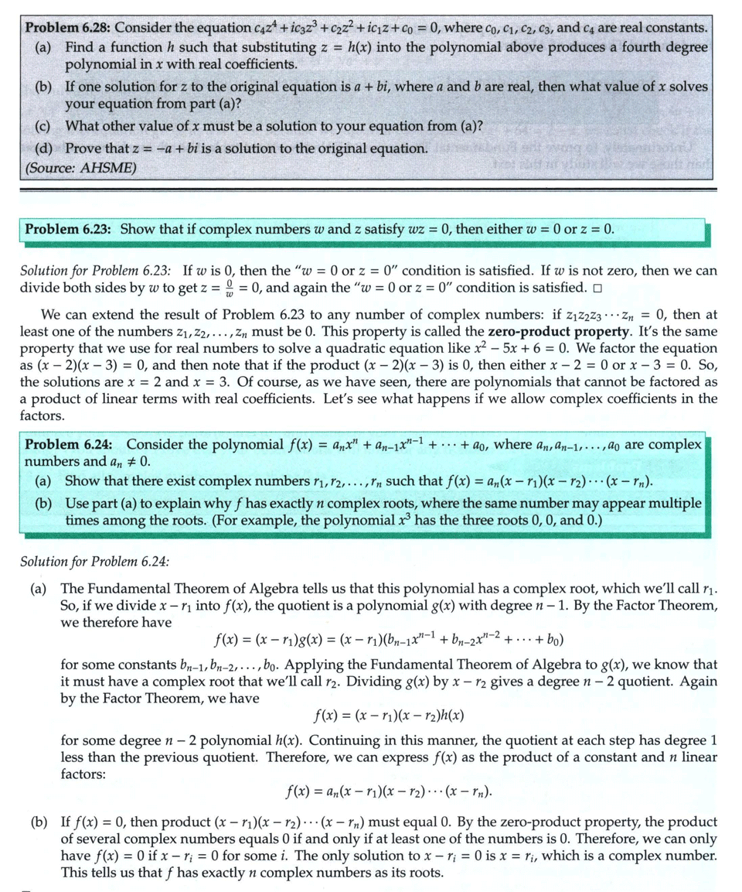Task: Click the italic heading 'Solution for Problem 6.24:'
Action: click(97, 559)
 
